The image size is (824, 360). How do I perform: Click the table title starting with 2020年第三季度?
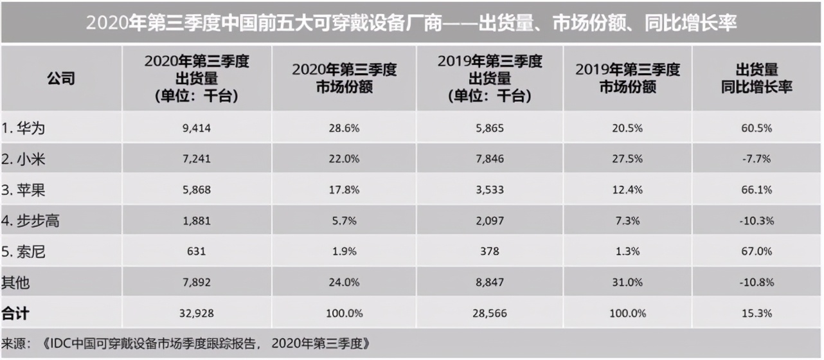click(411, 23)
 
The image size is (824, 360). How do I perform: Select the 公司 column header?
click(61, 78)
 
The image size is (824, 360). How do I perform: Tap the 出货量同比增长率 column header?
click(756, 78)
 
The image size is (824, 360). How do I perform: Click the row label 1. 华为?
click(24, 128)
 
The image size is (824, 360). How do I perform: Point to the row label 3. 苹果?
click(24, 190)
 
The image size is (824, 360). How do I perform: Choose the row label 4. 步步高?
click(30, 221)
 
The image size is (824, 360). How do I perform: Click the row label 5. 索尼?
click(24, 251)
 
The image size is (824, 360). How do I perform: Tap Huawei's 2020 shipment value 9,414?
click(197, 128)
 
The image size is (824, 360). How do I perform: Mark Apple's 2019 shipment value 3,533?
click(490, 190)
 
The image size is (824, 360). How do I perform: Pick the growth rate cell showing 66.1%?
click(756, 190)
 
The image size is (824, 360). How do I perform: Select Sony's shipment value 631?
click(197, 251)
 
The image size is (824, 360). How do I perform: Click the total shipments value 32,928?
click(197, 314)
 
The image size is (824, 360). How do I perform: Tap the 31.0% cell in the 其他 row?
click(627, 282)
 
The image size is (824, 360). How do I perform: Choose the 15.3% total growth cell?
click(756, 314)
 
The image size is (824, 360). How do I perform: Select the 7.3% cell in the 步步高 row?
click(627, 221)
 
